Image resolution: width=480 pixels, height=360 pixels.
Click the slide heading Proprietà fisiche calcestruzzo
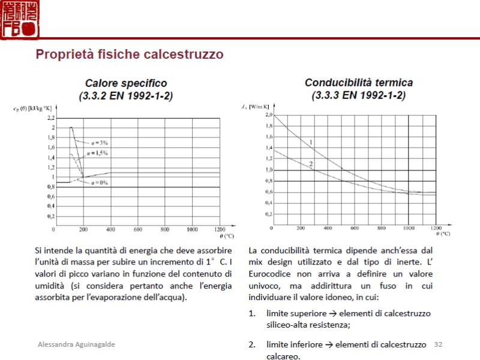pyautogui.click(x=130, y=55)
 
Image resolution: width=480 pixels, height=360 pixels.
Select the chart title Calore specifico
pyautogui.click(x=126, y=83)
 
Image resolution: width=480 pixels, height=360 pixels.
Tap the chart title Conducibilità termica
pyautogui.click(x=359, y=83)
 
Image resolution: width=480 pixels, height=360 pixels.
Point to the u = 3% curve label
pyautogui.click(x=100, y=142)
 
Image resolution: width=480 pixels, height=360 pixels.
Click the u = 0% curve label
pyautogui.click(x=100, y=182)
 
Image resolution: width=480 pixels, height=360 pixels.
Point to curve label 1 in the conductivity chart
pyautogui.click(x=311, y=142)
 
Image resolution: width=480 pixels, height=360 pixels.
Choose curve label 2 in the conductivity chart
pyautogui.click(x=311, y=164)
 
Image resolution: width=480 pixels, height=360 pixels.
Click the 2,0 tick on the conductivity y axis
pyautogui.click(x=268, y=115)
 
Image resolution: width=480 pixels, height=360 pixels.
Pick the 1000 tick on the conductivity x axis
pyautogui.click(x=409, y=229)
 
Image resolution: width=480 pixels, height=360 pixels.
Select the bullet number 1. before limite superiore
pyautogui.click(x=252, y=313)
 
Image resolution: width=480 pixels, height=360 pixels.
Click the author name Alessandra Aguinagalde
pyautogui.click(x=76, y=344)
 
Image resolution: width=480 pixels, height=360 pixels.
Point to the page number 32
pyautogui.click(x=438, y=344)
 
